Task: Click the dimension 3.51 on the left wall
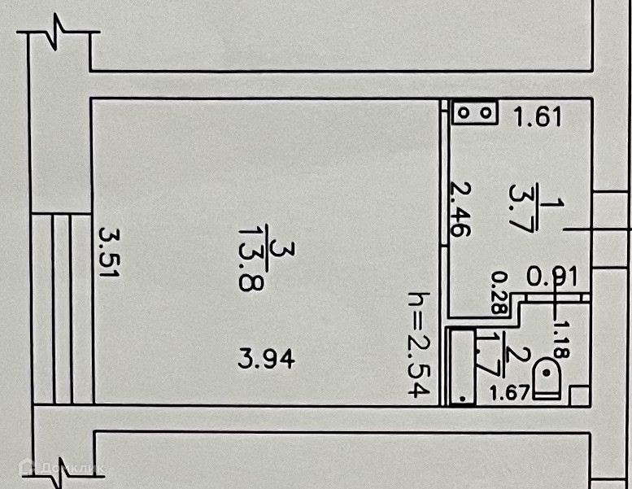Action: pos(109,253)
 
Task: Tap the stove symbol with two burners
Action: pos(475,112)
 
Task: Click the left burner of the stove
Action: pos(465,112)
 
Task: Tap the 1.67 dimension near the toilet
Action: pos(510,394)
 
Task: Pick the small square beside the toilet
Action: pos(578,395)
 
